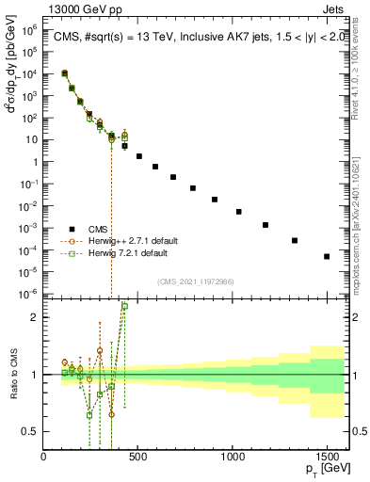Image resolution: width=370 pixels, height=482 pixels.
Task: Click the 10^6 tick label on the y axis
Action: click(x=29, y=29)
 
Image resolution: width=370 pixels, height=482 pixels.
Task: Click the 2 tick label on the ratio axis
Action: click(x=33, y=317)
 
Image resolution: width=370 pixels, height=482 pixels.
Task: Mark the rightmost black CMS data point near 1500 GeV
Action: click(x=327, y=256)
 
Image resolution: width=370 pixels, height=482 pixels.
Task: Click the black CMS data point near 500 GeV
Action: click(x=139, y=156)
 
